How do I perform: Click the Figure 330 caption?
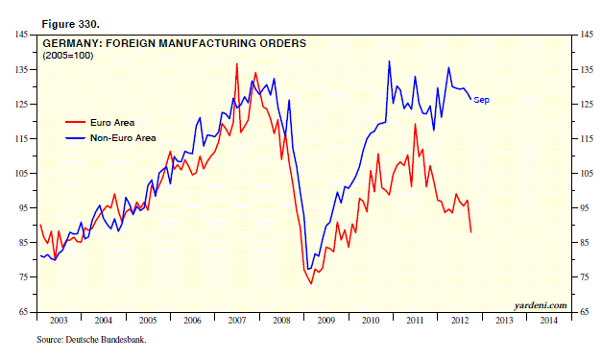[71, 24]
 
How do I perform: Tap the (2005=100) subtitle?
[68, 56]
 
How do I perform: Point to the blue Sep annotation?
[481, 100]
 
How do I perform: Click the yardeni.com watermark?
[541, 305]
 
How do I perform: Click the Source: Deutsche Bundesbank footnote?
[91, 340]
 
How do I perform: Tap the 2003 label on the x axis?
[59, 321]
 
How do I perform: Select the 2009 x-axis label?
[325, 321]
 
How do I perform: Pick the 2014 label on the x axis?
[548, 321]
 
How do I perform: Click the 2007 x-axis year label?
[237, 321]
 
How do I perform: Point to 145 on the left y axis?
[22, 35]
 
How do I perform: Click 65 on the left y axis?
[24, 312]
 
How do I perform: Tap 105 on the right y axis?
[587, 174]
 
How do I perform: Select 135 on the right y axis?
[587, 69]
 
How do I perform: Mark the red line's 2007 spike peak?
[237, 63]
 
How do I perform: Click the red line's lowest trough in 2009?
[311, 283]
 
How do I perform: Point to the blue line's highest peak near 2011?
[389, 61]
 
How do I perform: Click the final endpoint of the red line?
[471, 232]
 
